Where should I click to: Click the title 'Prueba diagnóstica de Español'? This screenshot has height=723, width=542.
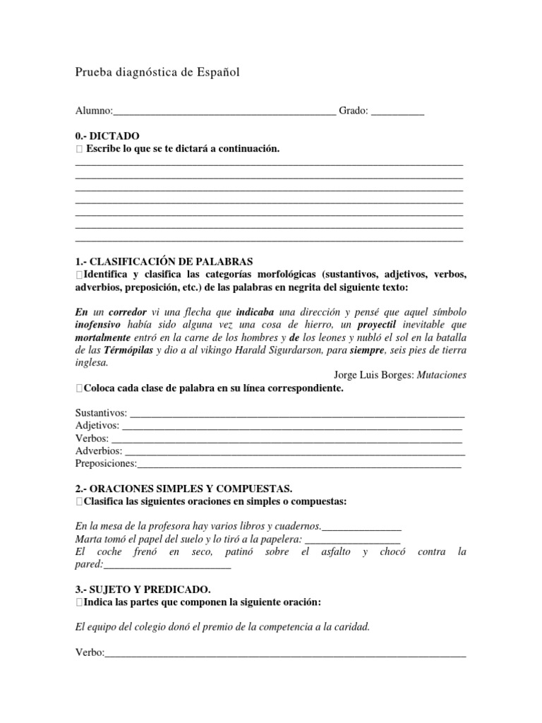pos(157,72)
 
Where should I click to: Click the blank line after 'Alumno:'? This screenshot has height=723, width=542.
pos(224,112)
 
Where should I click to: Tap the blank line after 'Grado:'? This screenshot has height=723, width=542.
pos(397,112)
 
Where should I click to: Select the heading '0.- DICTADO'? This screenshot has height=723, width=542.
pos(107,136)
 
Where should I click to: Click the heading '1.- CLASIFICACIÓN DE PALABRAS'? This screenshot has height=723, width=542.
pos(163,261)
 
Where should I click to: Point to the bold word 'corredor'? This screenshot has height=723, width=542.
pos(130,311)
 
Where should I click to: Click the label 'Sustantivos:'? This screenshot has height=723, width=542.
pos(102,412)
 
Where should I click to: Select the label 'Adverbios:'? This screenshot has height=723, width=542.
pos(99,450)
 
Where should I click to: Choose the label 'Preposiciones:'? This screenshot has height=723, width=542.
pos(106,463)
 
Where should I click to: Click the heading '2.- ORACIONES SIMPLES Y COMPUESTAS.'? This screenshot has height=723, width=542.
pos(183,489)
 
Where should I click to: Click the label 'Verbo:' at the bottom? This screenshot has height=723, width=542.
pos(90,652)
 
